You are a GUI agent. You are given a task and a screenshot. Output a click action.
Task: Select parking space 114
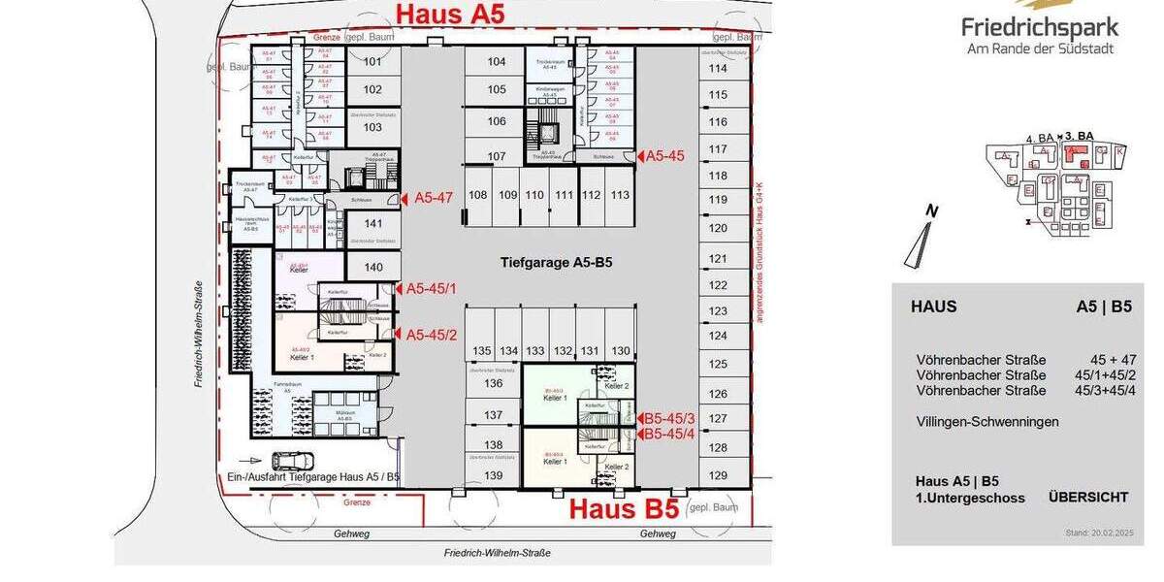click(x=718, y=68)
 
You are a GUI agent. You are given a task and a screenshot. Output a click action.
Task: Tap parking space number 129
click(x=718, y=475)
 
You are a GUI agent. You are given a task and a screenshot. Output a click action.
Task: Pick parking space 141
click(x=372, y=223)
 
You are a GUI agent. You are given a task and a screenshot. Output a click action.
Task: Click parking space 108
click(x=478, y=195)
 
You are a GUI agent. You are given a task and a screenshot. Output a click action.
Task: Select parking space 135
click(x=482, y=350)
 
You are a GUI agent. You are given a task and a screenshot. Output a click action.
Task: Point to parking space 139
click(x=494, y=475)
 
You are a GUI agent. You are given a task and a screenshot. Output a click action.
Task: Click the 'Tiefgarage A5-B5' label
click(x=556, y=262)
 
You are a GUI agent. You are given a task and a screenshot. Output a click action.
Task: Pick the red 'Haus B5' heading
click(x=623, y=508)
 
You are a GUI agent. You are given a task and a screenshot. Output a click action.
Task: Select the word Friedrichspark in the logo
click(x=1040, y=27)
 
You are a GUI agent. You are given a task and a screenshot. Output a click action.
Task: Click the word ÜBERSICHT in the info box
click(x=1087, y=497)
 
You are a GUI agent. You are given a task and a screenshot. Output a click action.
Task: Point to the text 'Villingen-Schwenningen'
click(x=987, y=422)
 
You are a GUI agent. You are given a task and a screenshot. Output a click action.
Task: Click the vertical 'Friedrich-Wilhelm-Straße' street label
click(x=198, y=335)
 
